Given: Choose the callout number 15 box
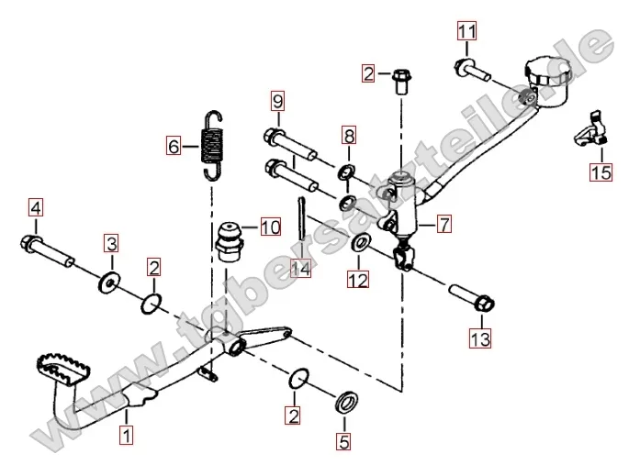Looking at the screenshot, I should coord(601,172).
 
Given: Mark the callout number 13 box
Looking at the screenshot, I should coord(480,339).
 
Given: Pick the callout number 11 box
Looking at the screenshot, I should coord(467,34).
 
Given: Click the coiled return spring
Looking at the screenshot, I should coord(213,142).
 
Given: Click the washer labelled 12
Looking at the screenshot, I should coord(361,244).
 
